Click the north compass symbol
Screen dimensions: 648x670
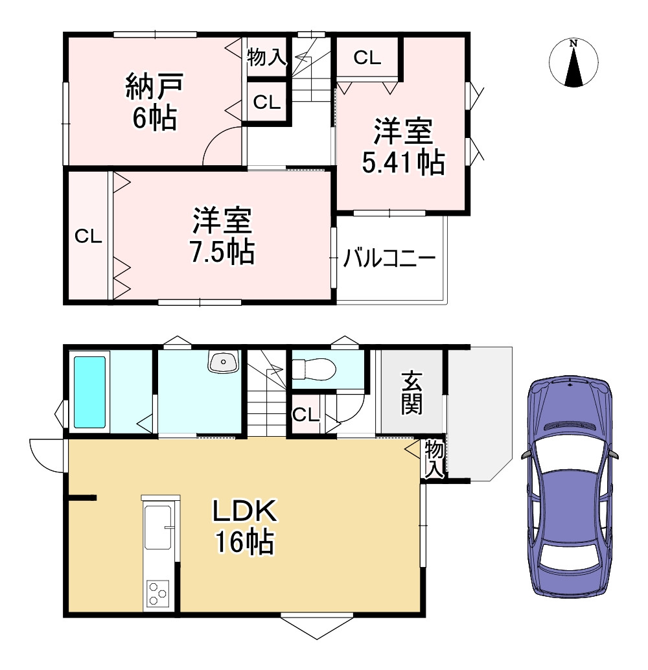point(573,63)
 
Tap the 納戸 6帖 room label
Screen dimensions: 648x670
point(154,102)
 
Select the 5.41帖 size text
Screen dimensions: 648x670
point(403,163)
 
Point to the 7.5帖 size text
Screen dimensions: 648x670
point(222,252)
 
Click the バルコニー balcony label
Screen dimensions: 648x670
point(389,258)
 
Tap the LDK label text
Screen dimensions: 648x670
point(245,511)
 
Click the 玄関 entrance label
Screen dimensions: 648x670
point(411,393)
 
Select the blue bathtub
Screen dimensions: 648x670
point(89,392)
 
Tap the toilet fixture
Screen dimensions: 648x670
point(314,369)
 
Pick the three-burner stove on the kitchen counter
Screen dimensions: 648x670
point(157,593)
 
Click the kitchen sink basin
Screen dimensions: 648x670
point(157,527)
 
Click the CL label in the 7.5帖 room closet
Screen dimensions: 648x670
point(88,236)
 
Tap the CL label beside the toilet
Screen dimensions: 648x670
point(306,414)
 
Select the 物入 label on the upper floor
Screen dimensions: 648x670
point(266,57)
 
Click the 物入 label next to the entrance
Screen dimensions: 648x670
point(434,459)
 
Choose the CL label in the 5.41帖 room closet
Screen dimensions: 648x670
point(367,58)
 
